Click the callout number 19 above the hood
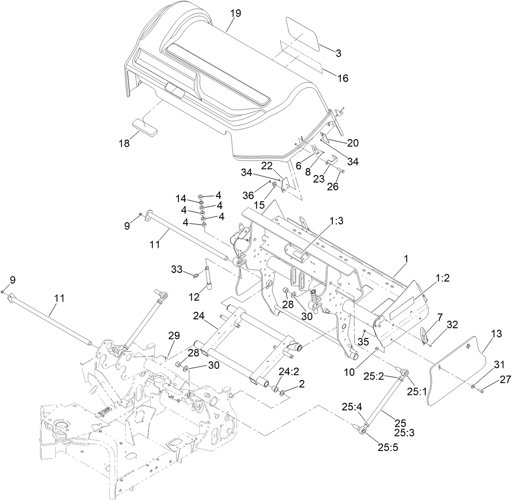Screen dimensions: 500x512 (x=236, y=13)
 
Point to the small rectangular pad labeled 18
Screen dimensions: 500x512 (x=145, y=126)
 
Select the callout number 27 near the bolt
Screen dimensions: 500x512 (x=492, y=380)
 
